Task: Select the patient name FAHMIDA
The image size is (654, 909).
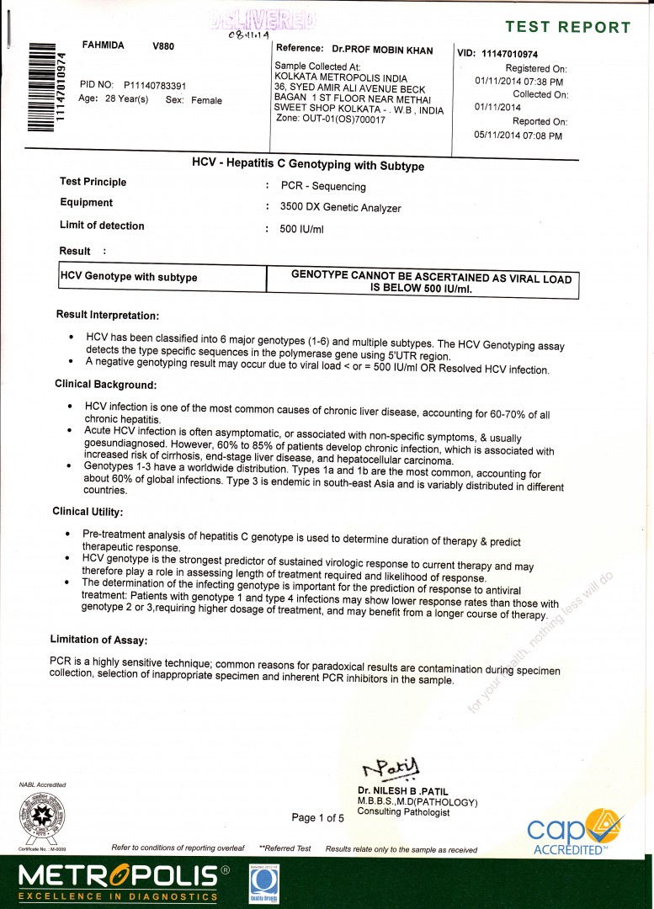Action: (x=103, y=45)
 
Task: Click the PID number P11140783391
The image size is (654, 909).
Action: (x=155, y=85)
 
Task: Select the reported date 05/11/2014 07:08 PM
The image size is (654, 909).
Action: (x=518, y=135)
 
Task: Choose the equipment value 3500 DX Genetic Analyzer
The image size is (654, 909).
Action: (x=341, y=208)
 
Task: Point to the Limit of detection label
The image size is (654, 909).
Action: (x=102, y=226)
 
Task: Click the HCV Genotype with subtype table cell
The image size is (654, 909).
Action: (x=129, y=277)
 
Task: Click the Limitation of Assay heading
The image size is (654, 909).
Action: (x=99, y=640)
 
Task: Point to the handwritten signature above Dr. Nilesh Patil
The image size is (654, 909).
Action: (x=393, y=767)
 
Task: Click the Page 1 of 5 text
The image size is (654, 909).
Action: (x=317, y=817)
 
